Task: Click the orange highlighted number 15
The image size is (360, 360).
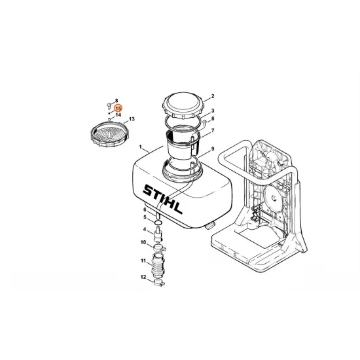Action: click(x=118, y=109)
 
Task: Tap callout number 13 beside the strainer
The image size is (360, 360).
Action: click(x=132, y=119)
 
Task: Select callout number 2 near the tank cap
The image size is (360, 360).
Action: click(x=213, y=96)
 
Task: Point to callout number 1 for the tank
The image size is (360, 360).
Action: click(x=141, y=147)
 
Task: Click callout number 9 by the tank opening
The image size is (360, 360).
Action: click(x=213, y=149)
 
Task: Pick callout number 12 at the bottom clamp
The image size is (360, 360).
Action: click(x=143, y=278)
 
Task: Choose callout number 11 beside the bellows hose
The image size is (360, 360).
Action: click(x=143, y=261)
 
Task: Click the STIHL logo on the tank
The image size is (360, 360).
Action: click(x=162, y=199)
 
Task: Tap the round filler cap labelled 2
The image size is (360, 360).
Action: click(x=183, y=105)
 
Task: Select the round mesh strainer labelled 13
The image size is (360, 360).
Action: click(x=110, y=134)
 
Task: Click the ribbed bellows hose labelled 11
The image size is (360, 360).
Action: click(x=157, y=264)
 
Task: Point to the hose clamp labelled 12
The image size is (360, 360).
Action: click(x=159, y=282)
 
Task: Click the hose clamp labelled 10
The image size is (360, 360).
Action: click(x=159, y=248)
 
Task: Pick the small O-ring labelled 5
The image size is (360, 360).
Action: click(x=158, y=223)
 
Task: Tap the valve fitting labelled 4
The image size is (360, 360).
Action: click(x=158, y=234)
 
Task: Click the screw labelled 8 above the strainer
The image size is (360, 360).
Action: click(x=109, y=106)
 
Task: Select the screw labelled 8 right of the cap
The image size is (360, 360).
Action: click(x=205, y=122)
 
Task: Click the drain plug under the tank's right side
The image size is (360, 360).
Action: click(x=209, y=226)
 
